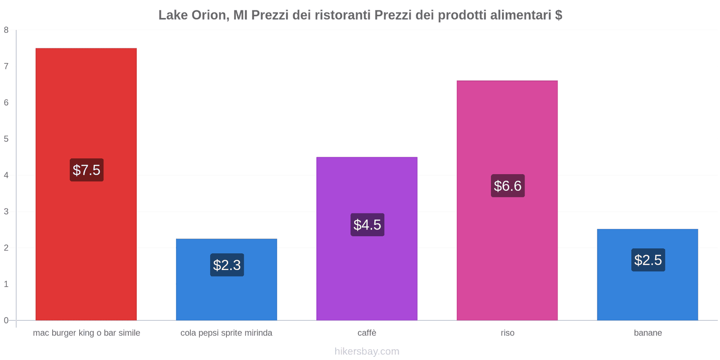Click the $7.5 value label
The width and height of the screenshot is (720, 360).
[86, 170]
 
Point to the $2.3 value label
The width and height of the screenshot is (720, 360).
[227, 265]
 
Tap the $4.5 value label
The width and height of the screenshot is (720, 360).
[367, 225]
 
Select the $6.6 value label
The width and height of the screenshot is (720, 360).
[508, 186]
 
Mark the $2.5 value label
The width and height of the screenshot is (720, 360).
[648, 260]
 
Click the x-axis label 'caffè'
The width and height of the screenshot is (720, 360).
[367, 333]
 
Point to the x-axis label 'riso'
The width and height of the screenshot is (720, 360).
[508, 333]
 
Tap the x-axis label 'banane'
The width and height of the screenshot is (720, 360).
[648, 333]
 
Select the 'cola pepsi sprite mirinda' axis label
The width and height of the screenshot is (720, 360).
[226, 333]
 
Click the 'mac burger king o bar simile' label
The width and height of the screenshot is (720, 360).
[86, 333]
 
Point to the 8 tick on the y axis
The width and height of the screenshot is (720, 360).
[6, 30]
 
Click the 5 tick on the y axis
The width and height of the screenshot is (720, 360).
[6, 139]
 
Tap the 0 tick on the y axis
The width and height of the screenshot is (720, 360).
[6, 320]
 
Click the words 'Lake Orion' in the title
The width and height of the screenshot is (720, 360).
[192, 15]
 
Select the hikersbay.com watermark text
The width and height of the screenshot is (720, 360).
[367, 351]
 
